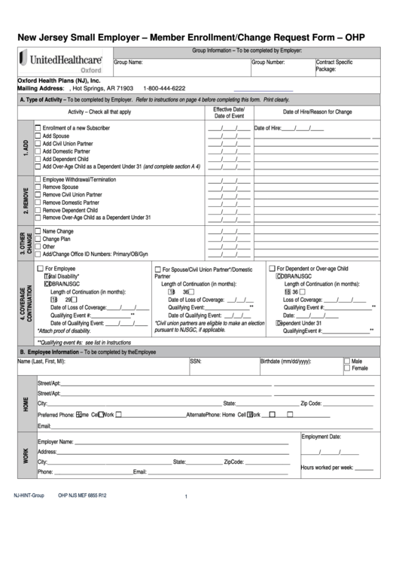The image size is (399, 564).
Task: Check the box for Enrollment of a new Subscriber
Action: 38,128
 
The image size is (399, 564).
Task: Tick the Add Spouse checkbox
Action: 38,136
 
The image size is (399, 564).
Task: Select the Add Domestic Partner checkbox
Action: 38,151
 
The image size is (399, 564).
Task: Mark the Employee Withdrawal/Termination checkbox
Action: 38,179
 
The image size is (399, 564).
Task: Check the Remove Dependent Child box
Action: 38,210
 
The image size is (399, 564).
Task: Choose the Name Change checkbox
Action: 38,231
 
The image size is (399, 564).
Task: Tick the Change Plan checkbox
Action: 38,239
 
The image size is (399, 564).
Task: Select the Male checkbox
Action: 346,361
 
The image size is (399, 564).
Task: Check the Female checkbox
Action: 346,369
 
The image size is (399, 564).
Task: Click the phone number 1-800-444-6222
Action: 163,88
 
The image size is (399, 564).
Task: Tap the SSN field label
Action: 195,361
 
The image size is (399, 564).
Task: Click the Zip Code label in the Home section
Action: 311,404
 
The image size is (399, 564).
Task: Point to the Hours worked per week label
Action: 326,468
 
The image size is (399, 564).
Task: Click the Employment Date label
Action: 321,437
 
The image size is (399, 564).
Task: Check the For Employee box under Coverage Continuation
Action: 41,268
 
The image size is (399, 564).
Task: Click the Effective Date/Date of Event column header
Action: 229,113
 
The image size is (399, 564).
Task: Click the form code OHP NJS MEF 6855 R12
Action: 82,496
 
